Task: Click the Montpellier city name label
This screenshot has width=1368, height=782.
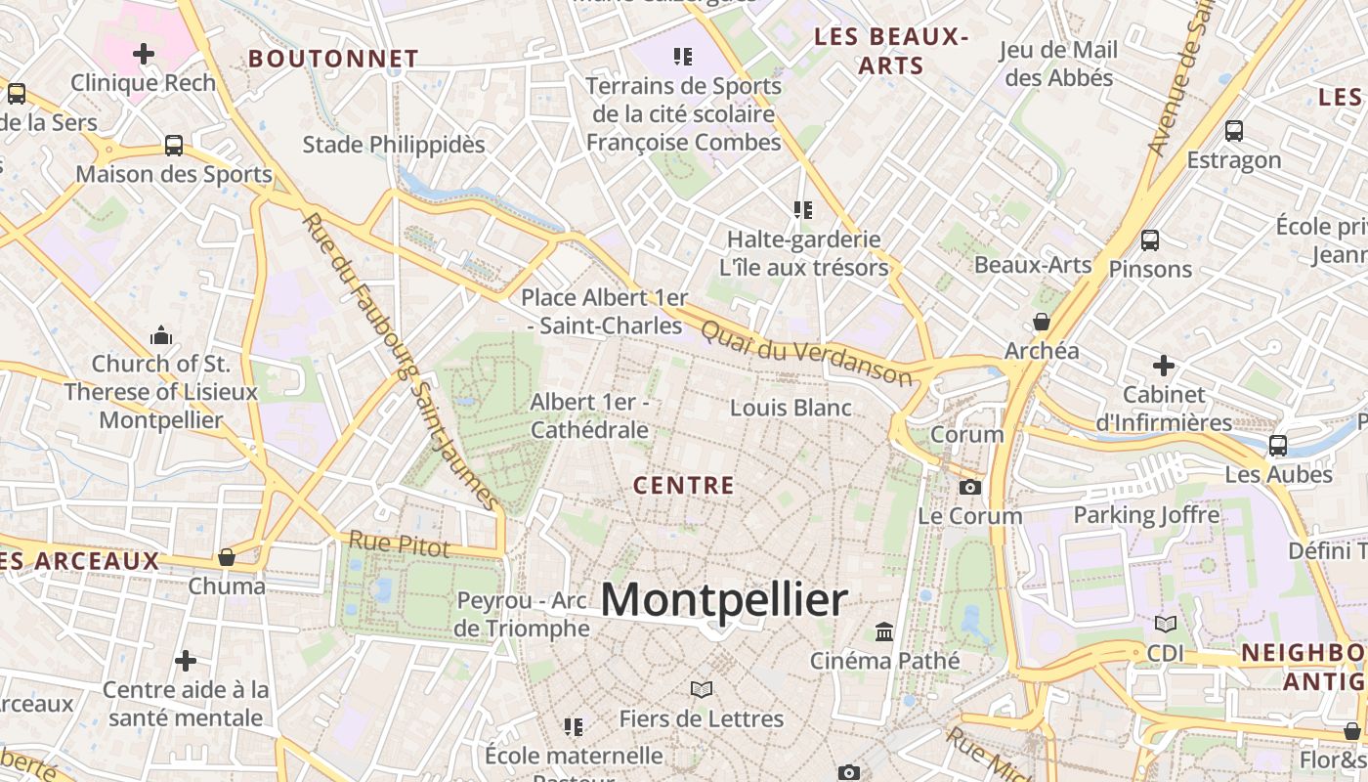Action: [x=723, y=599]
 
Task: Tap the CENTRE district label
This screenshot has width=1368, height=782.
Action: [x=683, y=485]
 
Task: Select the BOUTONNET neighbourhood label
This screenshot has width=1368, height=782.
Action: [x=333, y=59]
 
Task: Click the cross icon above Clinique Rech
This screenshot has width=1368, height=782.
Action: [x=144, y=53]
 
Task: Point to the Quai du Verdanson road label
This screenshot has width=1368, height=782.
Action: [x=806, y=354]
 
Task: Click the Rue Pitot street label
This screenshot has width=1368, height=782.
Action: [x=400, y=544]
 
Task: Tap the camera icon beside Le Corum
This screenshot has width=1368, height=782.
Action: [x=970, y=487]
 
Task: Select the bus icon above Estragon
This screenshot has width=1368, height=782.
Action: [x=1234, y=130]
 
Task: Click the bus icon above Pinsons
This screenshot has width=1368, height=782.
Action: [x=1150, y=239]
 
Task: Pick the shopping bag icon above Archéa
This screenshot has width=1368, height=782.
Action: [x=1042, y=322]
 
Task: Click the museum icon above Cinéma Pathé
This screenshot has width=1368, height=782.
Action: [x=885, y=631]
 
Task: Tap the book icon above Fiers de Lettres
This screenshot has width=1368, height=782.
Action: [x=701, y=689]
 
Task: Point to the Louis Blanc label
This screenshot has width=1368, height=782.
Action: [x=791, y=408]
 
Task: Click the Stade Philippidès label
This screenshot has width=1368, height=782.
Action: [x=394, y=145]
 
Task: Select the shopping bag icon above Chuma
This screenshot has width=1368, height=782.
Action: [x=227, y=557]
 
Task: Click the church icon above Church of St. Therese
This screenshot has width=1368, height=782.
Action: [x=161, y=336]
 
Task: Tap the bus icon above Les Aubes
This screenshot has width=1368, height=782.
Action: [x=1277, y=446]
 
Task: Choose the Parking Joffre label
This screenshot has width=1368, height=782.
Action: [x=1146, y=514]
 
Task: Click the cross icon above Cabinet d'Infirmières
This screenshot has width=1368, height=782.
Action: [x=1163, y=366]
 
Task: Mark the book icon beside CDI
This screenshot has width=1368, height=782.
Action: [x=1165, y=624]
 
